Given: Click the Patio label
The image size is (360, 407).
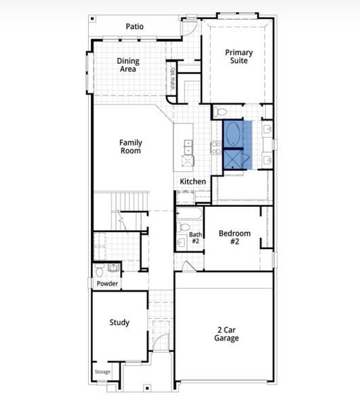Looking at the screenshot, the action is [x=135, y=26].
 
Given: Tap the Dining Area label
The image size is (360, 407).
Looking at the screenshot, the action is [x=128, y=65].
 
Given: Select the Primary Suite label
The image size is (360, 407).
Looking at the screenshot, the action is [x=239, y=56].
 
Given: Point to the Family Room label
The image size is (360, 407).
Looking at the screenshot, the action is [x=131, y=147].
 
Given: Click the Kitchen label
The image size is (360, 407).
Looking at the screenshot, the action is [x=193, y=181].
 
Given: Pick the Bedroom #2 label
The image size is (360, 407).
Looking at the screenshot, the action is [x=235, y=237].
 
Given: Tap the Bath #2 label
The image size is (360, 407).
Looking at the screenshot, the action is [x=195, y=238].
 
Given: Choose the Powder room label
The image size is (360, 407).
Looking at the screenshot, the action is [x=107, y=284].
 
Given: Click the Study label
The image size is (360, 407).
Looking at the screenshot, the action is [x=119, y=322].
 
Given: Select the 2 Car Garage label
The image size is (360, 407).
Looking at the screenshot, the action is [x=226, y=334].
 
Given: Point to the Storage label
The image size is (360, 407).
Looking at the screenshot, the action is [x=102, y=372].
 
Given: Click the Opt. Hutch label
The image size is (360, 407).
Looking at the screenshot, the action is [x=172, y=79].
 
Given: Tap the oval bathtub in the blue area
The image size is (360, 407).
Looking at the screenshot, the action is [x=233, y=134].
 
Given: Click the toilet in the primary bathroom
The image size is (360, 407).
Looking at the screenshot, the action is [x=220, y=112].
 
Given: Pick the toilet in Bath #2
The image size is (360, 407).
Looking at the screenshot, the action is [x=183, y=227].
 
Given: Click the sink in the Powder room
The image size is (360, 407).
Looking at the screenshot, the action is [x=113, y=268].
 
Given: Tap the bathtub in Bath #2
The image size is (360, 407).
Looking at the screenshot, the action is [x=189, y=214].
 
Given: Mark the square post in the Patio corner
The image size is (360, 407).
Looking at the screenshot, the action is [x=93, y=18].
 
